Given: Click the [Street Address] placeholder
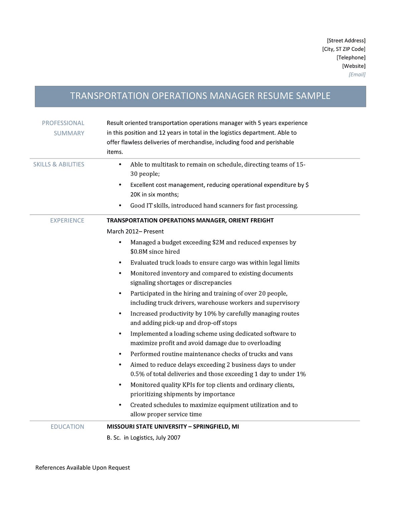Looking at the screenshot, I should coord(346,40).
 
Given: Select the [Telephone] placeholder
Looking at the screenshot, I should coord(351,57).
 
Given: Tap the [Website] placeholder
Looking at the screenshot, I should coord(354,66).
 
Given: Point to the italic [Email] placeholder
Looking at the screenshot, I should coord(357,74).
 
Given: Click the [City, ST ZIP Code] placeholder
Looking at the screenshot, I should coord(344,49).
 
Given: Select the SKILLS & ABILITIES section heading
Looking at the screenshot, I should coord(59,164).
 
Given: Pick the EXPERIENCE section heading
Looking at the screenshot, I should coord(67,220).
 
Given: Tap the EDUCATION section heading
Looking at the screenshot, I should coord(68,426).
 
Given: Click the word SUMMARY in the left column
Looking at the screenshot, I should coord(69,133).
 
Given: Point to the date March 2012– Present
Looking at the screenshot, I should coord(135,231).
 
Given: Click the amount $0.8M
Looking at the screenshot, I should coord(139,252).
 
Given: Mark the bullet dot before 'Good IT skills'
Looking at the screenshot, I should coord(120,206).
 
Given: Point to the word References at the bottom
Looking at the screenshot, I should coord(50,468).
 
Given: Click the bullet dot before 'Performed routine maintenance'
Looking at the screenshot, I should coord(120,354).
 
